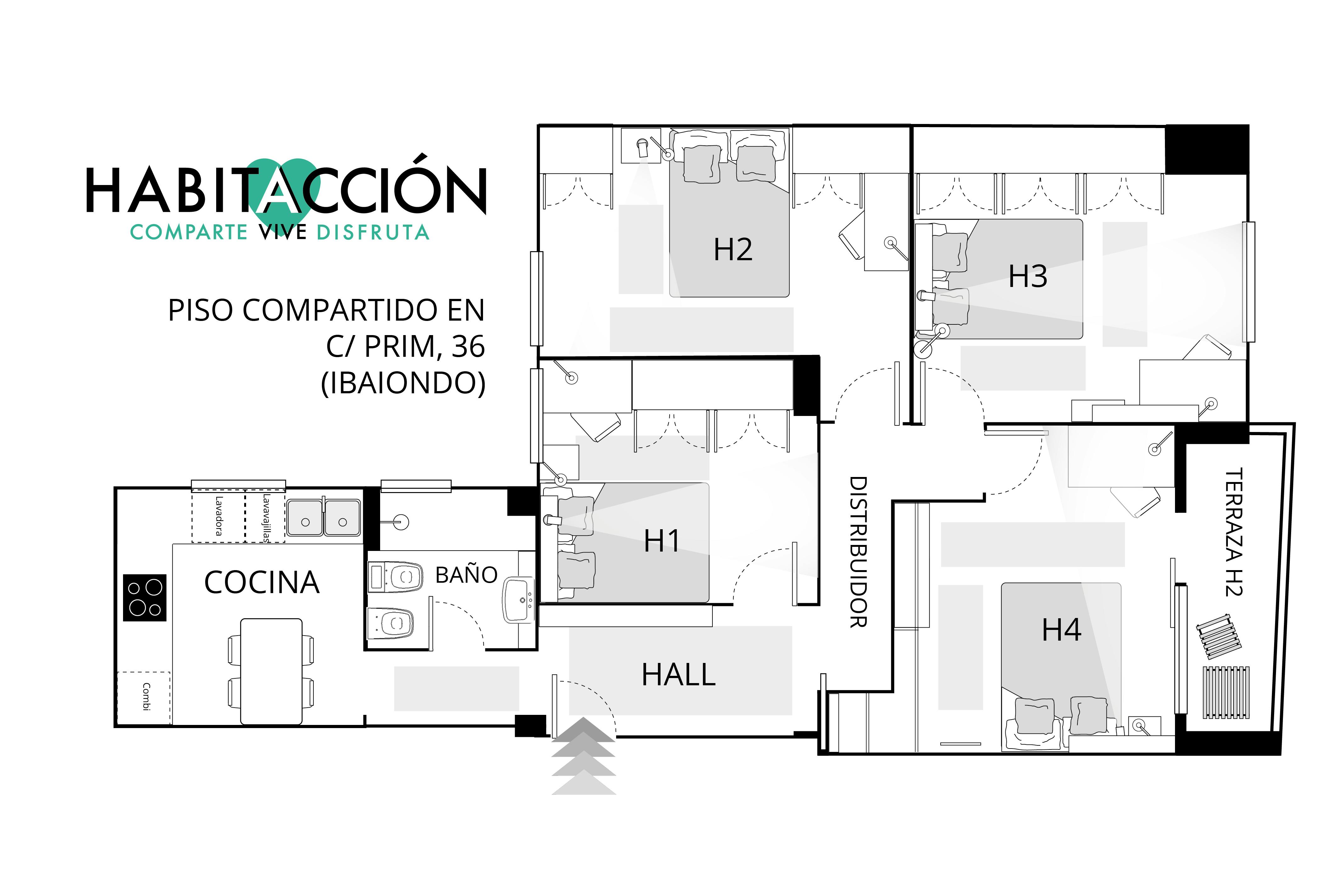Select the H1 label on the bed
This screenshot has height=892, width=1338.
(x=661, y=541)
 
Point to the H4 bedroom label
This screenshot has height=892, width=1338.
(x=1061, y=630)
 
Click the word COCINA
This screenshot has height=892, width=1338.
(x=262, y=582)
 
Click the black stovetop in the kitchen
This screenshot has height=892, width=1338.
(x=145, y=597)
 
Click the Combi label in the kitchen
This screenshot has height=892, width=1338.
(x=146, y=696)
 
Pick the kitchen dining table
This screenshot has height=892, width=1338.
(x=271, y=671)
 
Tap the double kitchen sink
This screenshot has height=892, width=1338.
(x=324, y=518)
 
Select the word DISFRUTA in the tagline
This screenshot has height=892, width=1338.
(x=373, y=232)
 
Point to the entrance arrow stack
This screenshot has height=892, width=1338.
(x=584, y=756)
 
